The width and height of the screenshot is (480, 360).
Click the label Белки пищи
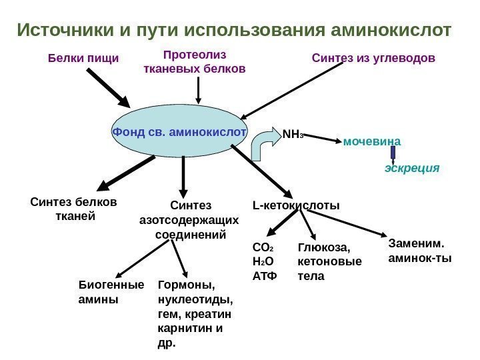[x=83, y=59]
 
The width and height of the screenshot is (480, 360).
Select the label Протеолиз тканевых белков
[x=195, y=61]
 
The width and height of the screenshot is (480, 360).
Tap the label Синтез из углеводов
[x=373, y=59]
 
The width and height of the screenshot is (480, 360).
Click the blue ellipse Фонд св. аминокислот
[x=179, y=132]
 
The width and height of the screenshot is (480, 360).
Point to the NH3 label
[x=292, y=133]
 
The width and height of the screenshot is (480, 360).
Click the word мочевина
[x=372, y=141]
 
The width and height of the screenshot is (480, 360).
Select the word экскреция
[x=412, y=169]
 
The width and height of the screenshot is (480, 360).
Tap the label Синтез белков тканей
[x=73, y=209]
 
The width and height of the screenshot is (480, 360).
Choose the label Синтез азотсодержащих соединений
[x=190, y=220]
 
